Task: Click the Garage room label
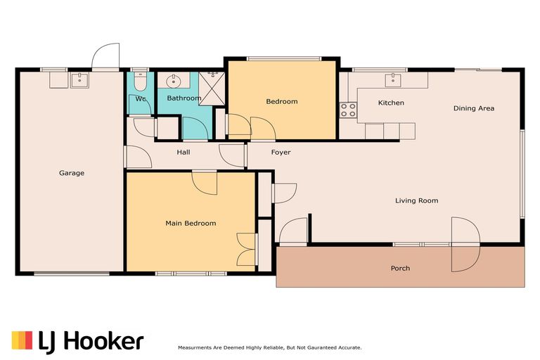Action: tap(71, 173)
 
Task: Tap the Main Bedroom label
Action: tap(190, 224)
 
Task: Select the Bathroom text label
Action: tap(184, 98)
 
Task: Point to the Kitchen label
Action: tap(391, 103)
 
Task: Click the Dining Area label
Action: tap(473, 108)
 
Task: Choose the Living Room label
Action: tap(416, 201)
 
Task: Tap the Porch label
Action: tap(400, 269)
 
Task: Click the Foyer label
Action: tap(281, 153)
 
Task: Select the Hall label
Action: tap(183, 153)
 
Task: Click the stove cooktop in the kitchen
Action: tap(348, 109)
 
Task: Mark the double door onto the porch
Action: tap(464, 245)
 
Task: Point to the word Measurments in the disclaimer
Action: tap(198, 348)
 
